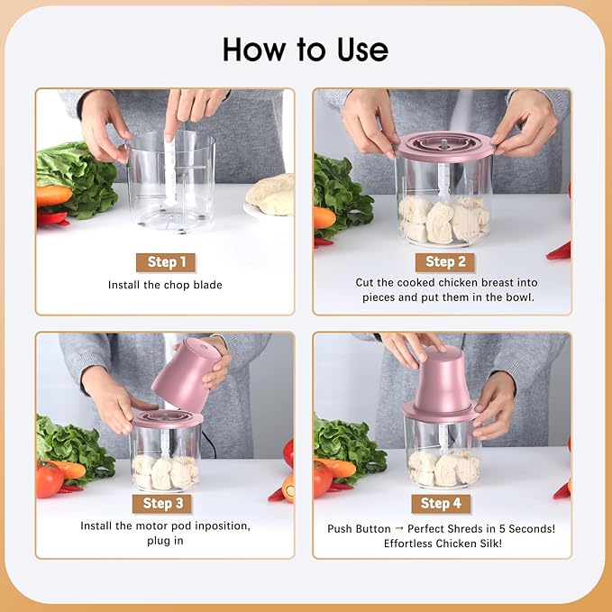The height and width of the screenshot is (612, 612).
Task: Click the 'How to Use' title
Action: click(306, 49)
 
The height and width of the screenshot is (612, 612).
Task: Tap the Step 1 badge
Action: click(166, 262)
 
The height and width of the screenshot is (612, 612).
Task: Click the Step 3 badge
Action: click(163, 503)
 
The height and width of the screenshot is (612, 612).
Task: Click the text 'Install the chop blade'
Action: click(165, 286)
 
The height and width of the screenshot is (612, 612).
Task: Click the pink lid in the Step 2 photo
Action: click(444, 146)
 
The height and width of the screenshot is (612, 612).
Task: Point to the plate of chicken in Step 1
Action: click(273, 196)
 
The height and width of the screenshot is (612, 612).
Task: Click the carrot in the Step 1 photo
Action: click(53, 196)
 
